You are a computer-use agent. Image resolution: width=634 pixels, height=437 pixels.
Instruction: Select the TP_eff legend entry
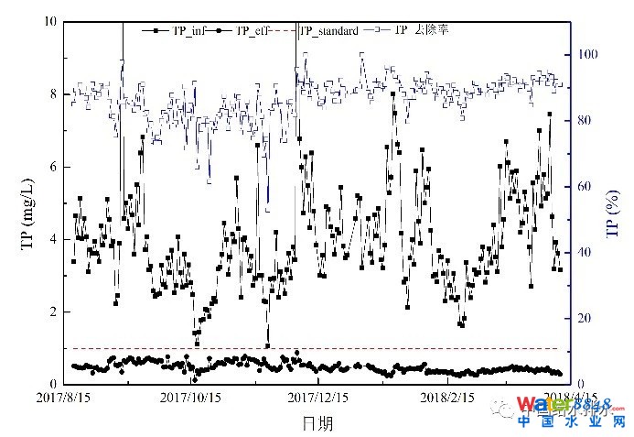tap(255, 31)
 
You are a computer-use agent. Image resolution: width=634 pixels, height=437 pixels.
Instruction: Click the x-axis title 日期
tap(317, 422)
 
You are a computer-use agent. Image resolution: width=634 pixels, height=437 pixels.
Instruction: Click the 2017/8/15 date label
tap(65, 399)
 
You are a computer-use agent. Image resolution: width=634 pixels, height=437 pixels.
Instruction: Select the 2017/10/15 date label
tap(191, 399)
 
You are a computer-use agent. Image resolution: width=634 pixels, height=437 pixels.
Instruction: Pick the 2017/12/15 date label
tap(317, 399)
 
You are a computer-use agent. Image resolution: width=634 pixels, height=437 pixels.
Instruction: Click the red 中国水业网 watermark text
tap(571, 422)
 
